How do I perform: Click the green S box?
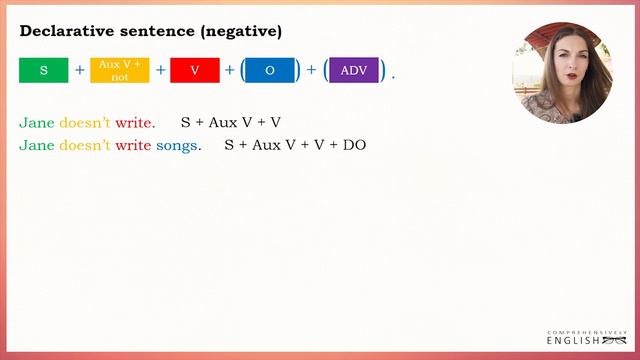point(44,70)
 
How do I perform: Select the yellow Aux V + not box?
point(119,70)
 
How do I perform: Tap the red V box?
point(194,70)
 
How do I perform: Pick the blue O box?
point(270,70)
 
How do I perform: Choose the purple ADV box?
point(354,70)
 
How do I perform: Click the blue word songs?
point(178,146)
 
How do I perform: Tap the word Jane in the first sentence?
point(36,123)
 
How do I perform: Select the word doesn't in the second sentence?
point(84,146)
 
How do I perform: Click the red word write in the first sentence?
point(133,123)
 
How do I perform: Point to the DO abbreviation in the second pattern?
point(355,146)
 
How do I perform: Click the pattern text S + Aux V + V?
point(230,123)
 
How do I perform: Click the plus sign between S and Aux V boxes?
point(80,71)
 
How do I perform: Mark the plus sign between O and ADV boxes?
point(311,71)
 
